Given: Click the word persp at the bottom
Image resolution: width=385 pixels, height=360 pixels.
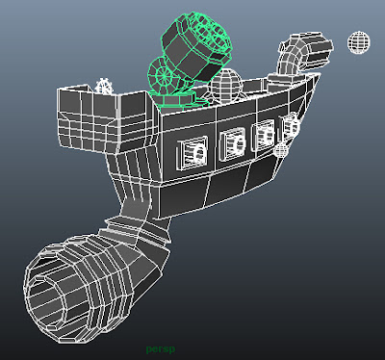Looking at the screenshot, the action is [x=161, y=349].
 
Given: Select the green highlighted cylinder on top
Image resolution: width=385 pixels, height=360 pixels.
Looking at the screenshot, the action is [x=195, y=45].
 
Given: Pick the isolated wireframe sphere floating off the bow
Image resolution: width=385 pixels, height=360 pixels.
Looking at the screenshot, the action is [x=359, y=42].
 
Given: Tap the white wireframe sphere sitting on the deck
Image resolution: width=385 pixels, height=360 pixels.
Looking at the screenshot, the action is [x=226, y=85].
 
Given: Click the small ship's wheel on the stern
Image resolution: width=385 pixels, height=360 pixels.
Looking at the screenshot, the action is [x=104, y=86].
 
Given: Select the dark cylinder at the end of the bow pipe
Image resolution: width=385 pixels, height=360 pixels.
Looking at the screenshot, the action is [x=316, y=50].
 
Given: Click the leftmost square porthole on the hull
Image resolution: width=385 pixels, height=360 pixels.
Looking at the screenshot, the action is [x=192, y=153].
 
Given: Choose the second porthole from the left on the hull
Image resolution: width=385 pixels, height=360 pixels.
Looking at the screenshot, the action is [x=233, y=144].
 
